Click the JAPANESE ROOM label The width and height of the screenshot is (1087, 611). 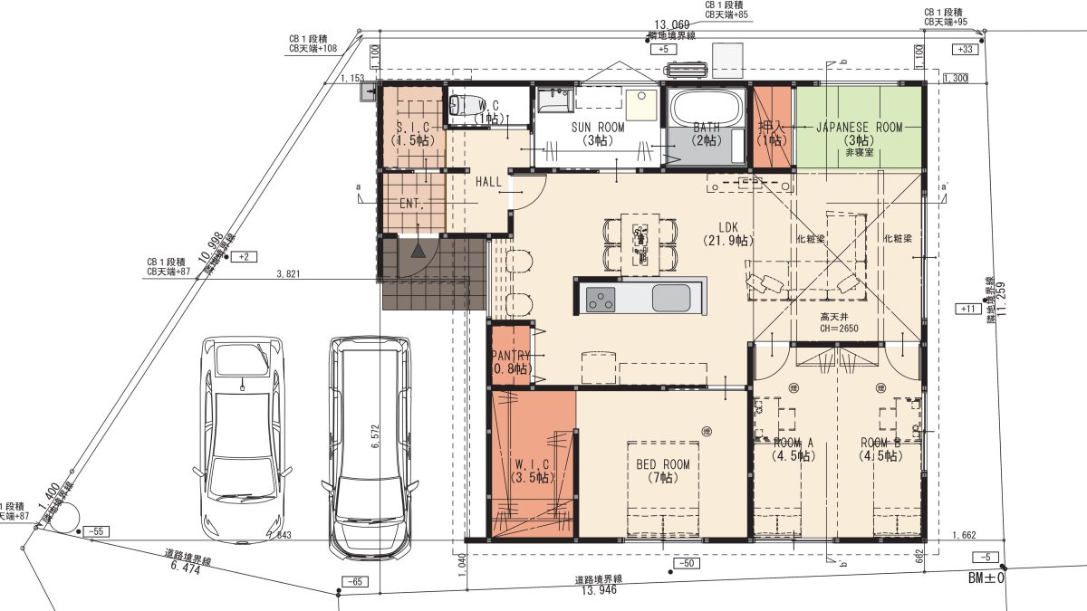[859, 128]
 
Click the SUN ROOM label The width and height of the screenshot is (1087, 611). [597, 128]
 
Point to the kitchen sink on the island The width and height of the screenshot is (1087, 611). [669, 297]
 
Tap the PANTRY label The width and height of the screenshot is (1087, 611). [509, 357]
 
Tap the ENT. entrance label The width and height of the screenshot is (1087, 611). [412, 204]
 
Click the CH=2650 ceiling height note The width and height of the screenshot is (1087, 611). [838, 329]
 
